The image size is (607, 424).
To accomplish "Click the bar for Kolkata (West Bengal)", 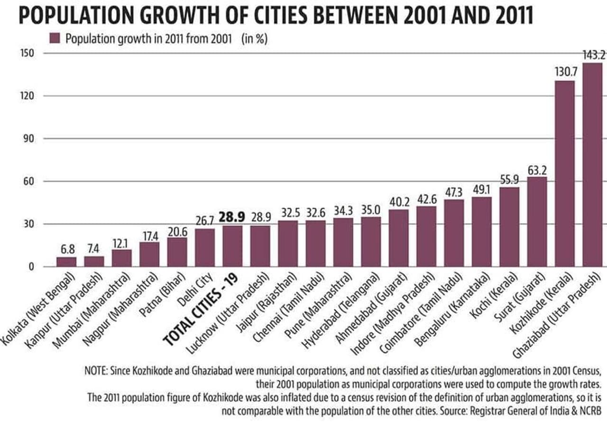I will (66, 262).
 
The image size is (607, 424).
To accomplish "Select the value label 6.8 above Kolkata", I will (66, 249).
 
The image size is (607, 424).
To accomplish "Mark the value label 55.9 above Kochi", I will (509, 179).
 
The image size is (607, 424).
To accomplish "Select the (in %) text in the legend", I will (255, 39).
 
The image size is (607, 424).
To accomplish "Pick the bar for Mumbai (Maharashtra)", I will (121, 258).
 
